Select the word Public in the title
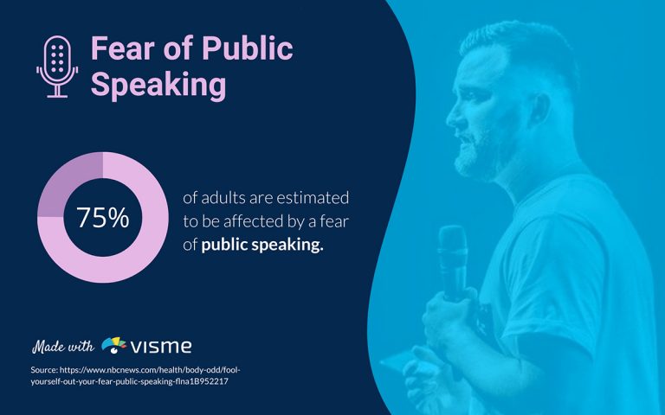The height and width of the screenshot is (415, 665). [248, 49]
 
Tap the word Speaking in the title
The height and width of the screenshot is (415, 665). [158, 86]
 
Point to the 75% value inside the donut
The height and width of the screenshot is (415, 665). [102, 219]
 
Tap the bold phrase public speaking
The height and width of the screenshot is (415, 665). [262, 246]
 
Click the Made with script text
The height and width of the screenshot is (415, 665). [62, 347]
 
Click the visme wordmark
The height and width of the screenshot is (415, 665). [161, 348]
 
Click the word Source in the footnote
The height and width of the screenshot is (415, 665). [43, 370]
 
